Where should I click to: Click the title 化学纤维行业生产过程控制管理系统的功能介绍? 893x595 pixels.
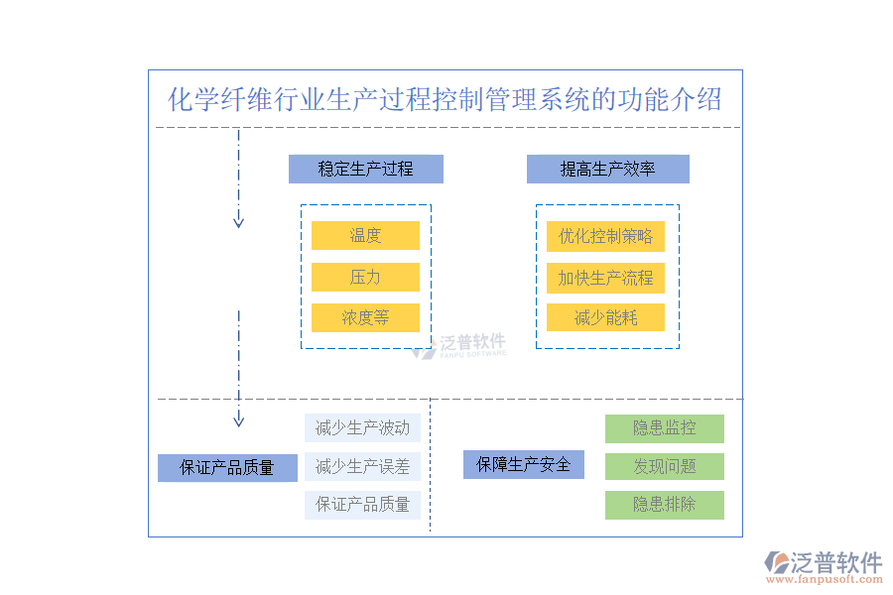(x=445, y=100)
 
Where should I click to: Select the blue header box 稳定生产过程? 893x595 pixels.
(x=365, y=169)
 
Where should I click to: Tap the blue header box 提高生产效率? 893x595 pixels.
(x=607, y=169)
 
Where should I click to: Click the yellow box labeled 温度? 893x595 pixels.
(x=365, y=235)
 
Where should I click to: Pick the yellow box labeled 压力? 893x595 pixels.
(x=365, y=277)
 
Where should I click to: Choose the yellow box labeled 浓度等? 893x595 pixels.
(x=365, y=317)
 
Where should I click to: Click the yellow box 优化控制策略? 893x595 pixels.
(x=605, y=236)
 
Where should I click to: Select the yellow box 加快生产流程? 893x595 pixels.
(x=605, y=278)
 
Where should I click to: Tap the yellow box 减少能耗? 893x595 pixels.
(x=605, y=317)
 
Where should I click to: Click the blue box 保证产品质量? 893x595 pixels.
(x=227, y=467)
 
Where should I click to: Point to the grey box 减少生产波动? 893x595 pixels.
(x=362, y=428)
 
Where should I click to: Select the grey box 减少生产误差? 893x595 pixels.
(x=362, y=466)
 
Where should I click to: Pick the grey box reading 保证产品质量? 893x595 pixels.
(x=362, y=504)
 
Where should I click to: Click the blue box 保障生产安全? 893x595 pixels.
(x=523, y=464)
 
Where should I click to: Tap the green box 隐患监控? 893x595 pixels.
(x=665, y=428)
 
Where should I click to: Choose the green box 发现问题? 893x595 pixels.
(x=665, y=466)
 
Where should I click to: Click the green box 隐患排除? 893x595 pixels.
(x=665, y=504)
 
